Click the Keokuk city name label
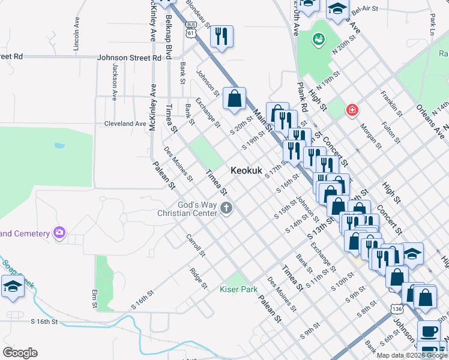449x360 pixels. click(x=247, y=171)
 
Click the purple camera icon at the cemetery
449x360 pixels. click(x=59, y=232)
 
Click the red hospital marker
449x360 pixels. click(x=352, y=110)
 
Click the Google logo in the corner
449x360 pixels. click(x=20, y=353)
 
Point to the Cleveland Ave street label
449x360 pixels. click(x=125, y=124)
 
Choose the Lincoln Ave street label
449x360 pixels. click(x=76, y=37)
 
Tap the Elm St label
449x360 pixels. click(x=94, y=298)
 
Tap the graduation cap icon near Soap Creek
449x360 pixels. click(x=13, y=286)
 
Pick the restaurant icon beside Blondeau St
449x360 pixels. click(x=221, y=36)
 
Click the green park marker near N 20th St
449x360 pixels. click(x=317, y=40)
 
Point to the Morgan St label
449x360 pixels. click(x=370, y=136)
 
